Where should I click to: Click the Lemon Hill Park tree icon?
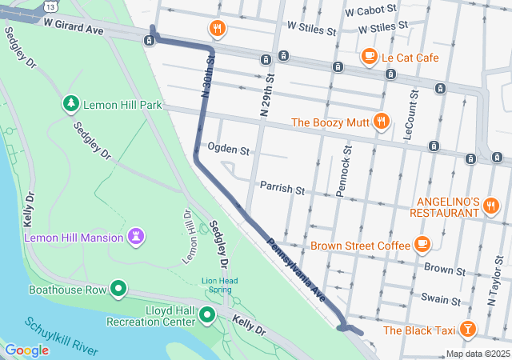[x=71, y=104]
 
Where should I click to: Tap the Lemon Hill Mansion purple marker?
[x=137, y=237]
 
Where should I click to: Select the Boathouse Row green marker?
[x=119, y=289]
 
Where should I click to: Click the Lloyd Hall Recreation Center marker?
[x=208, y=315]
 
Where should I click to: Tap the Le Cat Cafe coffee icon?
[x=369, y=56]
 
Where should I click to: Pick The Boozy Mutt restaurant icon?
[x=382, y=122]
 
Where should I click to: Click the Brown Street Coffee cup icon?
[x=422, y=245]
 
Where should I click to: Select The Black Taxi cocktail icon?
[x=468, y=329]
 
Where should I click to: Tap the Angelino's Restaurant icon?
[x=491, y=207]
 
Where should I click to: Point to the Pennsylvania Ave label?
[x=296, y=268]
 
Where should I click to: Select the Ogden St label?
[x=229, y=150]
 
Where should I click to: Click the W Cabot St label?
[x=371, y=12]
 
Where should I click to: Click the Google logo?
[x=26, y=350]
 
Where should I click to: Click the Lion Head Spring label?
[x=219, y=285]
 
